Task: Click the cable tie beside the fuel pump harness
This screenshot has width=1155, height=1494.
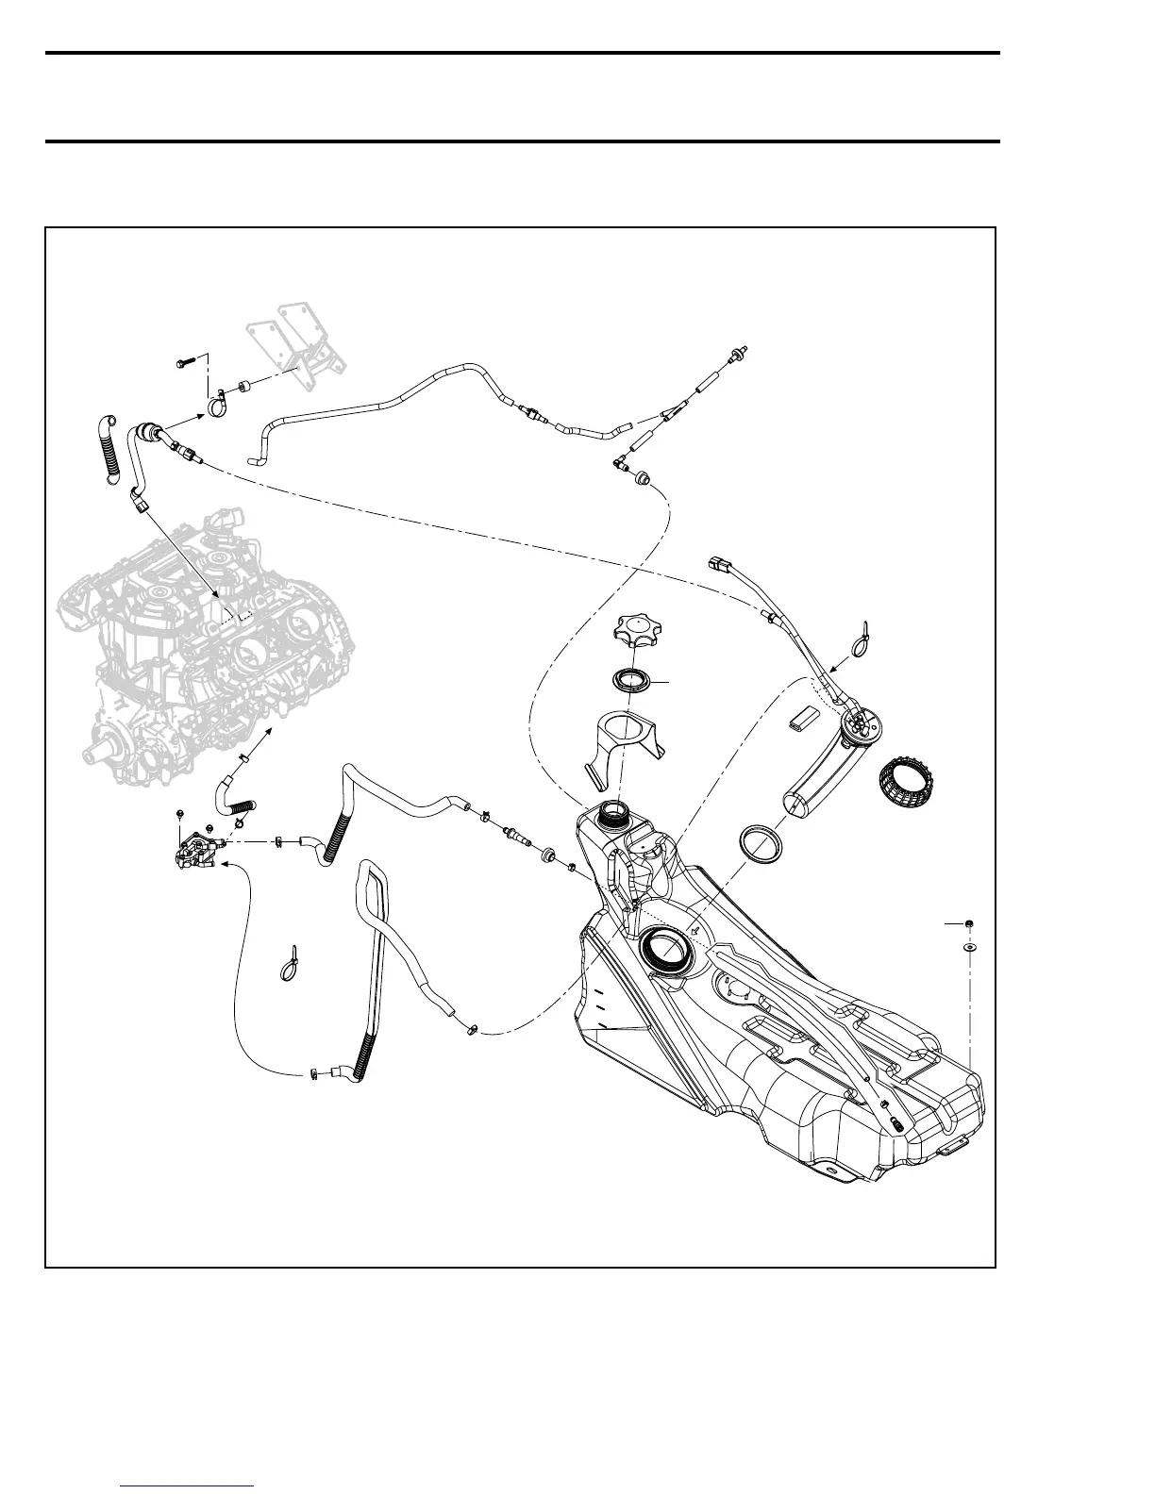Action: pos(861,640)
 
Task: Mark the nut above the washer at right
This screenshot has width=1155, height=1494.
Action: pos(970,923)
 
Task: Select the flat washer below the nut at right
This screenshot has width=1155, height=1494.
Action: pos(970,944)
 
